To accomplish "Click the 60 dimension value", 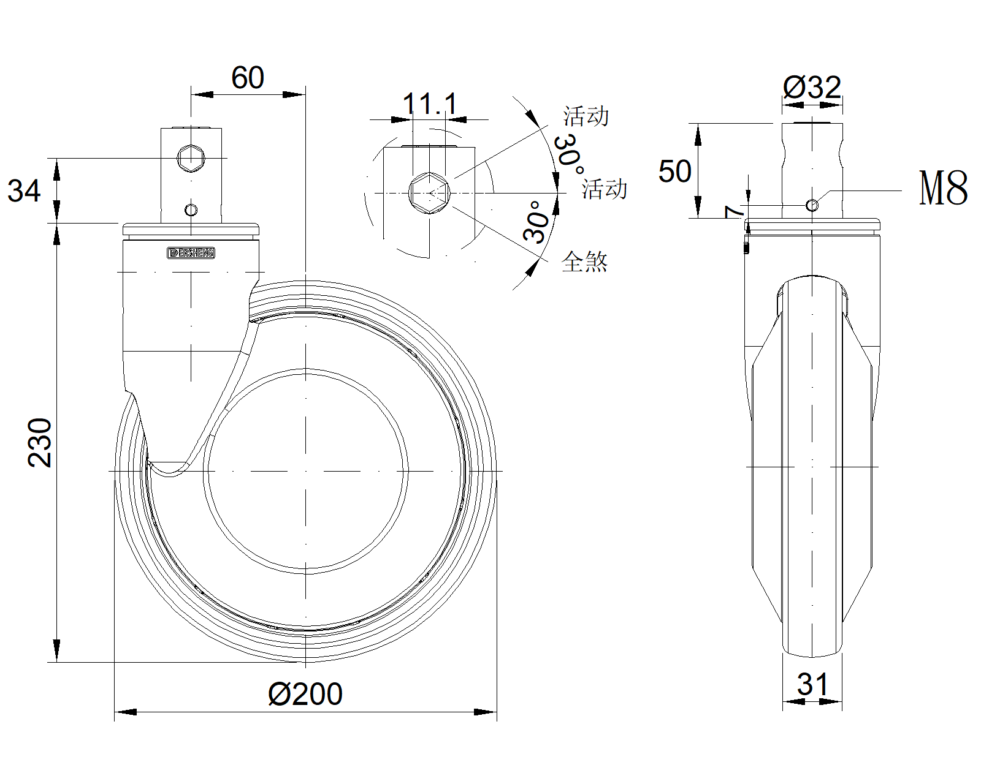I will pos(248,78).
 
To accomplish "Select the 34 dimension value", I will pos(24,190).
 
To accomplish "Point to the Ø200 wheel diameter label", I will pos(305,694).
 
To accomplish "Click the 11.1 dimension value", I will pos(430,104).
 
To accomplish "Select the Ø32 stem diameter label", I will pos(812,88).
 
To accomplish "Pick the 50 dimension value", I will pos(674,171).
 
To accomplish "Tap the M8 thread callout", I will pos(943,188).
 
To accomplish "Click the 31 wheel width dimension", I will pos(812,684).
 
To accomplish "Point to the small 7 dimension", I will pos(733,212).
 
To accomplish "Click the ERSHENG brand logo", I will pos(191,253).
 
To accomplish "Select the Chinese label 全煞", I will pos(584,262).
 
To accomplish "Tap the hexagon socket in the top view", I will pos(430,193).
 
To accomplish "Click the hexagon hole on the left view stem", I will pos(191,158).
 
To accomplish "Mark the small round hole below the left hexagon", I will pos(191,211).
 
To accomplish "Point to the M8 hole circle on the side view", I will pos(812,205).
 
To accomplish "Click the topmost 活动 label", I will pos(586,116).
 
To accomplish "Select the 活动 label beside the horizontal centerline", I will pos(605,189).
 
